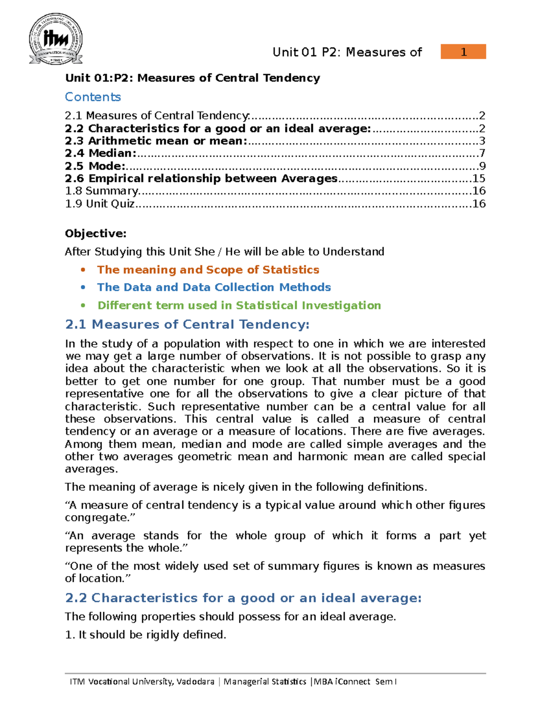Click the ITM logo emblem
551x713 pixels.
[x=56, y=39]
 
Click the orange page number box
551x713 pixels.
[x=463, y=52]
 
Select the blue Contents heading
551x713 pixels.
[x=93, y=97]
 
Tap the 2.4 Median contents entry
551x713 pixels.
[x=101, y=153]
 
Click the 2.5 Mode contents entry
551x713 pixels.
[x=95, y=166]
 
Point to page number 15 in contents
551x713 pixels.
[x=478, y=179]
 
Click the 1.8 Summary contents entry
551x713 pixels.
[x=102, y=191]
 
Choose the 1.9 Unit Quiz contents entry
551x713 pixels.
[x=100, y=203]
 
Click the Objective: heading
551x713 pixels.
[x=96, y=234]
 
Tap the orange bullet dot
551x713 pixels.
[x=83, y=270]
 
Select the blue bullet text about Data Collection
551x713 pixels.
[x=214, y=287]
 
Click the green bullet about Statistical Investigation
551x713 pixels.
[x=239, y=305]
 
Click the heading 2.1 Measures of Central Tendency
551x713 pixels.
[x=187, y=325]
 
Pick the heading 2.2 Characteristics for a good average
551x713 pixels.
[x=243, y=598]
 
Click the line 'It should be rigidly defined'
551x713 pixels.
[x=146, y=634]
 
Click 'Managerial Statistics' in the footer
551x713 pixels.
[x=264, y=681]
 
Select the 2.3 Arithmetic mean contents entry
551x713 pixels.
[x=156, y=141]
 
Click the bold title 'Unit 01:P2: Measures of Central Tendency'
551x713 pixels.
[x=192, y=78]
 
